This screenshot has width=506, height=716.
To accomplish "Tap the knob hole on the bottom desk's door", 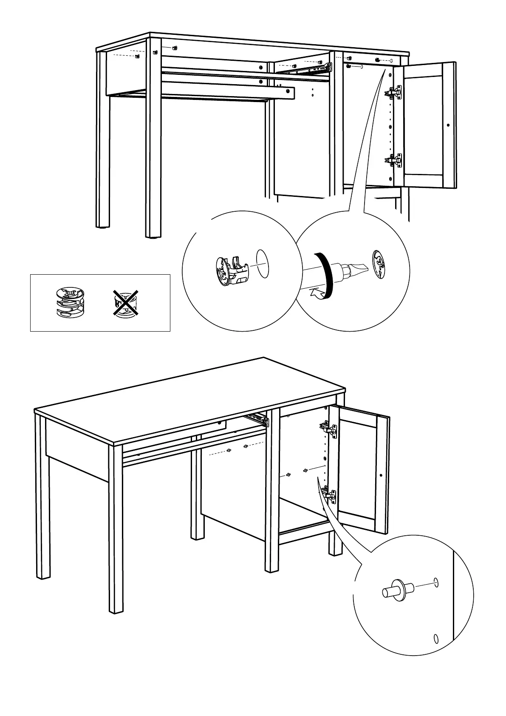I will tap(381, 475).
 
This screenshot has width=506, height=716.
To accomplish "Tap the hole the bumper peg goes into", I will tap(435, 582).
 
